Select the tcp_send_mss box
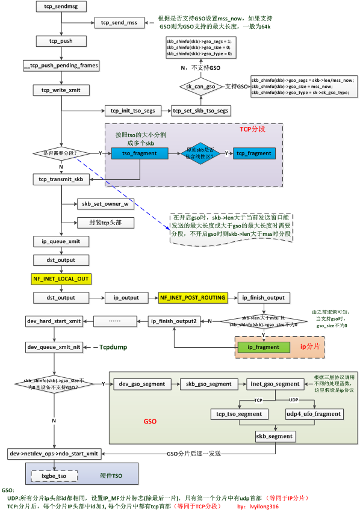click(121, 22)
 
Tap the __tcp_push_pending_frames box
click(60, 64)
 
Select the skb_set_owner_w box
click(105, 204)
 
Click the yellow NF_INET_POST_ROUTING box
click(192, 297)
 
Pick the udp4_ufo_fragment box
click(313, 414)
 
